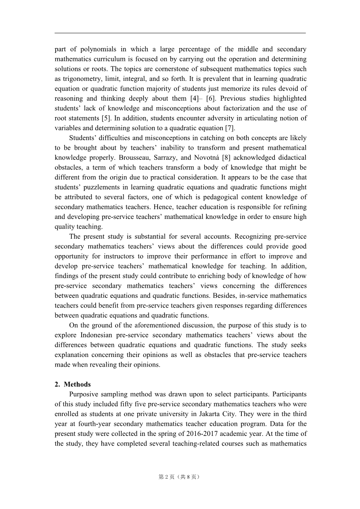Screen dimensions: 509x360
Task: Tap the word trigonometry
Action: [x=80, y=79]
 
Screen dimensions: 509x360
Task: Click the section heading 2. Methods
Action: [x=73, y=384]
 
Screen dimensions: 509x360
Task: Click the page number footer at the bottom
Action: [x=180, y=477]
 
